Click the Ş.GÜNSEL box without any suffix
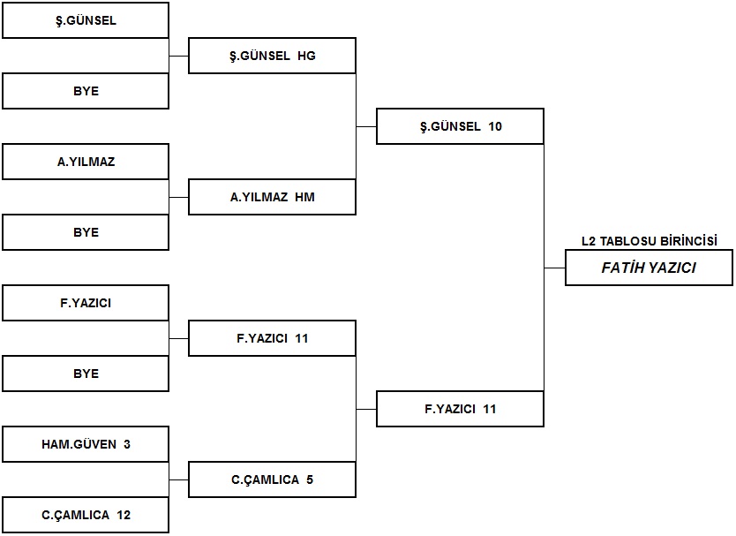[x=86, y=20]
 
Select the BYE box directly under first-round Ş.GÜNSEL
[x=86, y=91]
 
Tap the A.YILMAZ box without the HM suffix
[x=86, y=162]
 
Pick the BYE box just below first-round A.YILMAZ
[x=86, y=232]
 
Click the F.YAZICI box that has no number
[x=86, y=303]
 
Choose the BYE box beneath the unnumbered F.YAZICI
[x=86, y=374]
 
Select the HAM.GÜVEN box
[x=86, y=444]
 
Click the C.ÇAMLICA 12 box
[x=86, y=515]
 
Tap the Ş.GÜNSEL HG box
[x=272, y=56]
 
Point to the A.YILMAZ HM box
[x=272, y=197]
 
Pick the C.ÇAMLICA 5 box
[x=272, y=479]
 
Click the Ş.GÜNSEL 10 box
[x=460, y=126]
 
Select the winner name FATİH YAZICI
[x=649, y=268]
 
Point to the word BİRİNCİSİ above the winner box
[x=689, y=241]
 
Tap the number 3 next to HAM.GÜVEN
[x=127, y=444]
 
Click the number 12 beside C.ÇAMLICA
[x=124, y=516]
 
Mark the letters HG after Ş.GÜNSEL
[x=306, y=56]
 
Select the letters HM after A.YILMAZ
[x=304, y=197]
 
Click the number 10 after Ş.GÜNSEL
[x=495, y=126]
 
